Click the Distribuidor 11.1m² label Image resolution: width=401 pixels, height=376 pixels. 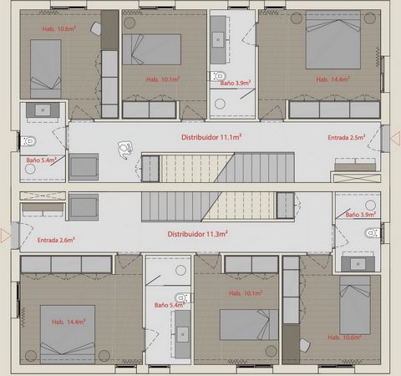tap(211, 137)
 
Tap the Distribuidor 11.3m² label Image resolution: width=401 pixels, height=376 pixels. tap(197, 234)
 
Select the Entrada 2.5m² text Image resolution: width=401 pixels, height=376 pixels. tap(347, 137)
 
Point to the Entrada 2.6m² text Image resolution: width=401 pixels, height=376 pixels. tap(56, 240)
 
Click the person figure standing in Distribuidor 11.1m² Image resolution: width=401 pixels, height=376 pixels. tap(124, 149)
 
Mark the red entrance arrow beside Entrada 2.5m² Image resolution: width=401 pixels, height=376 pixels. tap(395, 139)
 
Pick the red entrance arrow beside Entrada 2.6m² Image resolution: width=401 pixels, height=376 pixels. tap(6, 236)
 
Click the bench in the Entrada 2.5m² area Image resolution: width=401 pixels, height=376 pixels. tap(355, 165)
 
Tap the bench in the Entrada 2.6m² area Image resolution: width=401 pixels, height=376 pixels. tap(43, 210)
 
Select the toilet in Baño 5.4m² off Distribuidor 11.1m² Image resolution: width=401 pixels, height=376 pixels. tap(28, 141)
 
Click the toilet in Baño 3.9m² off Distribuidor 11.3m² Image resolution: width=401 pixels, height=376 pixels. tap(373, 233)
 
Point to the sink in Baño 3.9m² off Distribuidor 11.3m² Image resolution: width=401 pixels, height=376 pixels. tap(358, 263)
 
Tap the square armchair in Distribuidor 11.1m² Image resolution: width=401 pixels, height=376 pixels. tap(84, 167)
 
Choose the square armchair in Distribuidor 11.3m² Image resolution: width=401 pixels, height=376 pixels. tap(84, 207)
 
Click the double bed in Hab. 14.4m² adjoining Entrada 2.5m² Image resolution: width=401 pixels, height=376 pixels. tap(333, 40)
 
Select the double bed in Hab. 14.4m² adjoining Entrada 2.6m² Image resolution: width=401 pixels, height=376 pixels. tap(68, 334)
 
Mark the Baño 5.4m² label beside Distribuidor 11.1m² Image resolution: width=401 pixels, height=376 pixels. tap(41, 160)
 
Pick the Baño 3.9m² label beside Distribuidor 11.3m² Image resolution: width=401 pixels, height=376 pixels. tap(361, 215)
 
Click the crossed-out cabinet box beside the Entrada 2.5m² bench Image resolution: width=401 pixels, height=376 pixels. tap(357, 178)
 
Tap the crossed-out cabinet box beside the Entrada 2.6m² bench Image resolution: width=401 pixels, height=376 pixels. tap(43, 196)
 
